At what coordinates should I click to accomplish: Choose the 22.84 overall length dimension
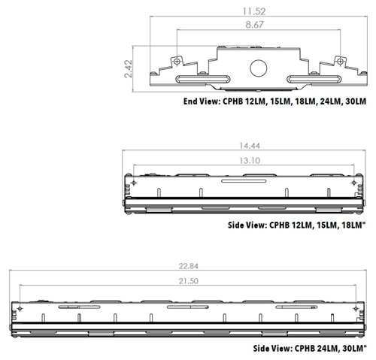coord(190,265)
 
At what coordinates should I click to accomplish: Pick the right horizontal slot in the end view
coord(311,77)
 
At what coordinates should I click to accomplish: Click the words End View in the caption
coord(201,101)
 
